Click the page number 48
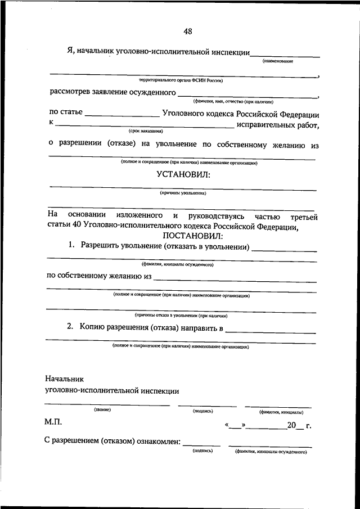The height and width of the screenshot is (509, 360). point(187,31)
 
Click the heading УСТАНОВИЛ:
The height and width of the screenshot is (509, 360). point(183,175)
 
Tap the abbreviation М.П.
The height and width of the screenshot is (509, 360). point(55,422)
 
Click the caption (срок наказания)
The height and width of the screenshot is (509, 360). point(145,130)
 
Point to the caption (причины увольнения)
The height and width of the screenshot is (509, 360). point(183,193)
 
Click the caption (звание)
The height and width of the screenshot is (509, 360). point(102,409)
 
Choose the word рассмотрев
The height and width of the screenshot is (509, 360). point(70,92)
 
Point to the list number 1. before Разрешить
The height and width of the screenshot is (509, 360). point(71,246)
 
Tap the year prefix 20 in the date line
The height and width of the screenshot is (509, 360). point(291,426)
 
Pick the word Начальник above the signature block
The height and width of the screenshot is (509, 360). point(64,380)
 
